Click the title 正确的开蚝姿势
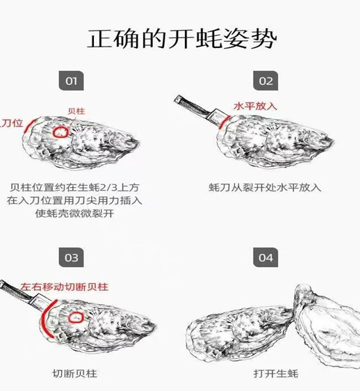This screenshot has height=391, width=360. click(x=182, y=39)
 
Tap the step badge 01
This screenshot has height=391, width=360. click(x=72, y=81)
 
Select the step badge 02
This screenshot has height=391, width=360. click(x=265, y=81)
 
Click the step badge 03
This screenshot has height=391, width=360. click(x=72, y=257)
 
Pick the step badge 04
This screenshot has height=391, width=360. click(x=265, y=257)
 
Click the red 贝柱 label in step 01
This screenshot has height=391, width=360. click(x=76, y=111)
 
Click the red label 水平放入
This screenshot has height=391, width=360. click(x=255, y=106)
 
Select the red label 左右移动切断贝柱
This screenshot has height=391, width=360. click(x=64, y=287)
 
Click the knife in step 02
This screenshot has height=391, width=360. click(x=200, y=111)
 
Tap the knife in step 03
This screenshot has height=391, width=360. click(x=26, y=296)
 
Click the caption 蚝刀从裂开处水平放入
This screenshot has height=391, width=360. click(x=265, y=188)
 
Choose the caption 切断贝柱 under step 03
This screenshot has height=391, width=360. click(x=74, y=374)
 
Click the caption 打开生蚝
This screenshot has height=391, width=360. click(x=276, y=374)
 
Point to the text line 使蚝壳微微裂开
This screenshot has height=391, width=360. click(x=74, y=214)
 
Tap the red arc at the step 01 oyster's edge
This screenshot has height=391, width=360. click(x=27, y=125)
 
